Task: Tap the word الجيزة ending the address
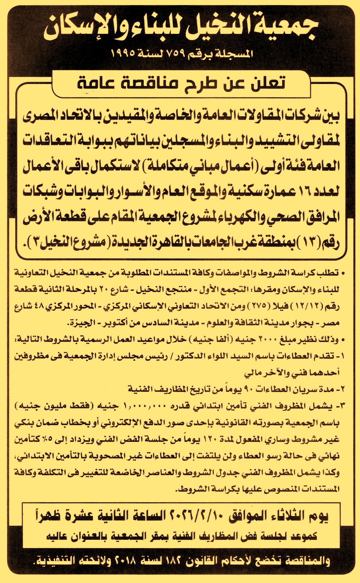[x=82, y=323]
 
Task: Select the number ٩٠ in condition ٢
[x=249, y=389]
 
